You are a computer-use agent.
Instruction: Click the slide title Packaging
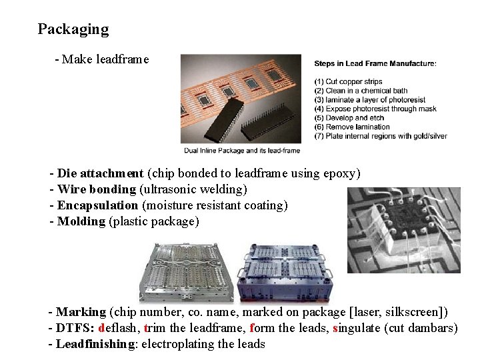(x=73, y=30)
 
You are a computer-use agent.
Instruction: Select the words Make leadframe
(x=105, y=59)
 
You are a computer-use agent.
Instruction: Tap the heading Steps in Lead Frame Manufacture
(x=375, y=64)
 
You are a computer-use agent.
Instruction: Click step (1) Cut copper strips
(x=349, y=81)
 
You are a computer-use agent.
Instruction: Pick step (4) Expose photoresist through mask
(x=375, y=109)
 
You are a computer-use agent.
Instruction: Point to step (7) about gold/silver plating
(x=381, y=136)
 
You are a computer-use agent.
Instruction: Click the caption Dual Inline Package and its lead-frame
(x=242, y=151)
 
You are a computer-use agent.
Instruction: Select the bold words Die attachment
(x=100, y=173)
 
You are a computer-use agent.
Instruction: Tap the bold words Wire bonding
(x=97, y=189)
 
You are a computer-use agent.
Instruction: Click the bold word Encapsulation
(x=97, y=205)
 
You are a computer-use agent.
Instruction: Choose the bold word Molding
(x=81, y=221)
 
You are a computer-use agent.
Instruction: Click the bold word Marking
(x=81, y=312)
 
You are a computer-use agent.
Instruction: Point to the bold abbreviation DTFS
(x=75, y=328)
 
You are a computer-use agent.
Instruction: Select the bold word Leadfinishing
(x=95, y=344)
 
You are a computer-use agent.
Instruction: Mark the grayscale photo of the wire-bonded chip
(x=404, y=230)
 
